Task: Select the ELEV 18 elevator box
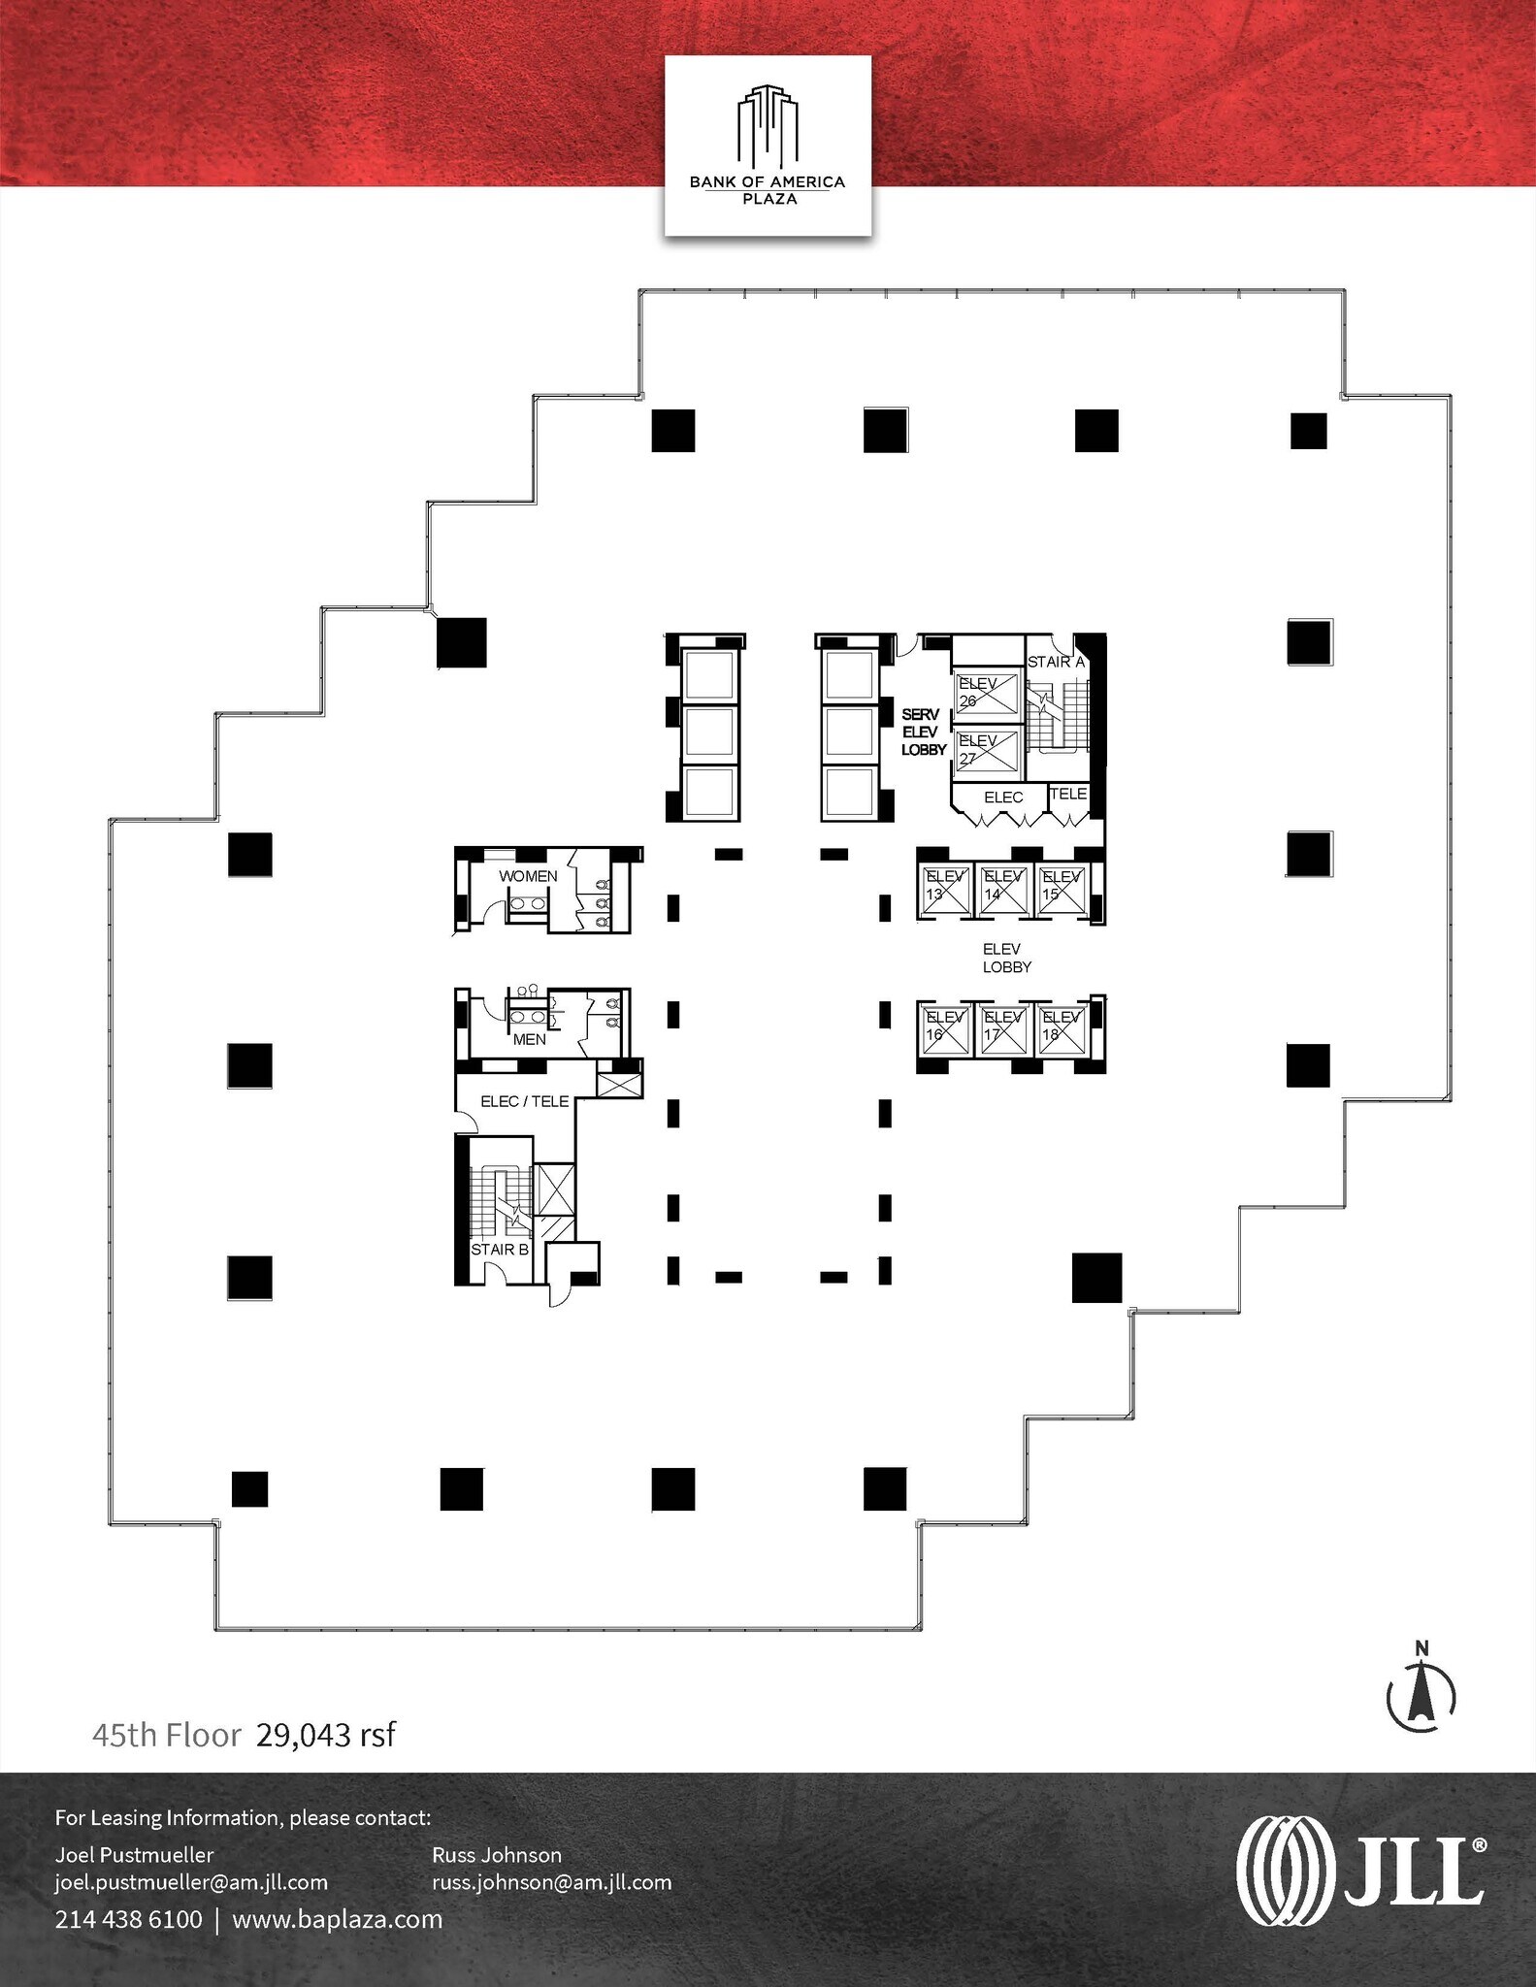pos(1061,1029)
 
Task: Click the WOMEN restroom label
pos(528,876)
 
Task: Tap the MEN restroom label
pos(529,1039)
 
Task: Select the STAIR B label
pos(499,1250)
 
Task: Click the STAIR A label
pos(1055,662)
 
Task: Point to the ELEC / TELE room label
pos(525,1101)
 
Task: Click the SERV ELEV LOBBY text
pos(923,733)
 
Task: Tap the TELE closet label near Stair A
pos(1068,794)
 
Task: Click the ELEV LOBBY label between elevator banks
pos(1006,958)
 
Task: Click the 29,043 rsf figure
pos(326,1735)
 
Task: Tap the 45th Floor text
pos(166,1735)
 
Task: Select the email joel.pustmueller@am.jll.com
pos(191,1882)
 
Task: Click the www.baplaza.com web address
pos(337,1919)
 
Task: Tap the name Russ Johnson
pos(496,1855)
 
